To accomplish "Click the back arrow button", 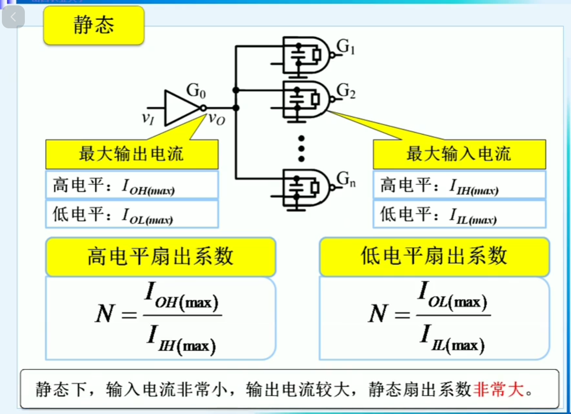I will tap(13, 17).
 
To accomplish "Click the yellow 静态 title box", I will tap(94, 25).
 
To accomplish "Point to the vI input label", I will tap(148, 118).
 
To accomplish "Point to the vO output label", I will tap(217, 119).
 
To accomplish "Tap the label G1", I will tap(346, 47).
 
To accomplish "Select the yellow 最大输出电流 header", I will tap(132, 154).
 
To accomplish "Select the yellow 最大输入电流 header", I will tap(459, 154).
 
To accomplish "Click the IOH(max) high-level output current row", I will tap(132, 185).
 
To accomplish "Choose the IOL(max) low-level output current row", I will tap(132, 214).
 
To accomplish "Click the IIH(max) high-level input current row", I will tap(459, 185).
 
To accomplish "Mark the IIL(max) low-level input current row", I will tap(459, 214).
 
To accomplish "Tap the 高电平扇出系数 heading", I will tap(161, 256).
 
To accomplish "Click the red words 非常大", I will tap(498, 390).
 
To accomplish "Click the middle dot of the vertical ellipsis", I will tap(302, 148).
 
